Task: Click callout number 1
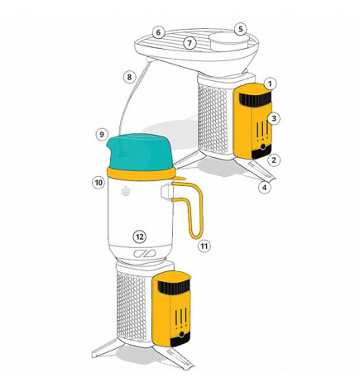[271, 84]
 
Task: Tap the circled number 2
[274, 160]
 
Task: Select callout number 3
[274, 118]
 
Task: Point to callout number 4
[265, 188]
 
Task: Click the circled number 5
[241, 29]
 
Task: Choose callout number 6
[158, 32]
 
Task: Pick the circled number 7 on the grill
[190, 43]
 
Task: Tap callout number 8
[129, 77]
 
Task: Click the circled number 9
[102, 135]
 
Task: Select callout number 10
[98, 183]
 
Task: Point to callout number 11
[204, 246]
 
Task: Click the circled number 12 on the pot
[140, 236]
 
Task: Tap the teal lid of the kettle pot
[140, 152]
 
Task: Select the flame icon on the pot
[126, 191]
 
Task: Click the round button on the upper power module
[263, 147]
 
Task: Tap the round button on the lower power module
[181, 335]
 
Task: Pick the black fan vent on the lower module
[174, 287]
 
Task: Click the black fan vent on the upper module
[255, 98]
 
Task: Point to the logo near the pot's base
[145, 254]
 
